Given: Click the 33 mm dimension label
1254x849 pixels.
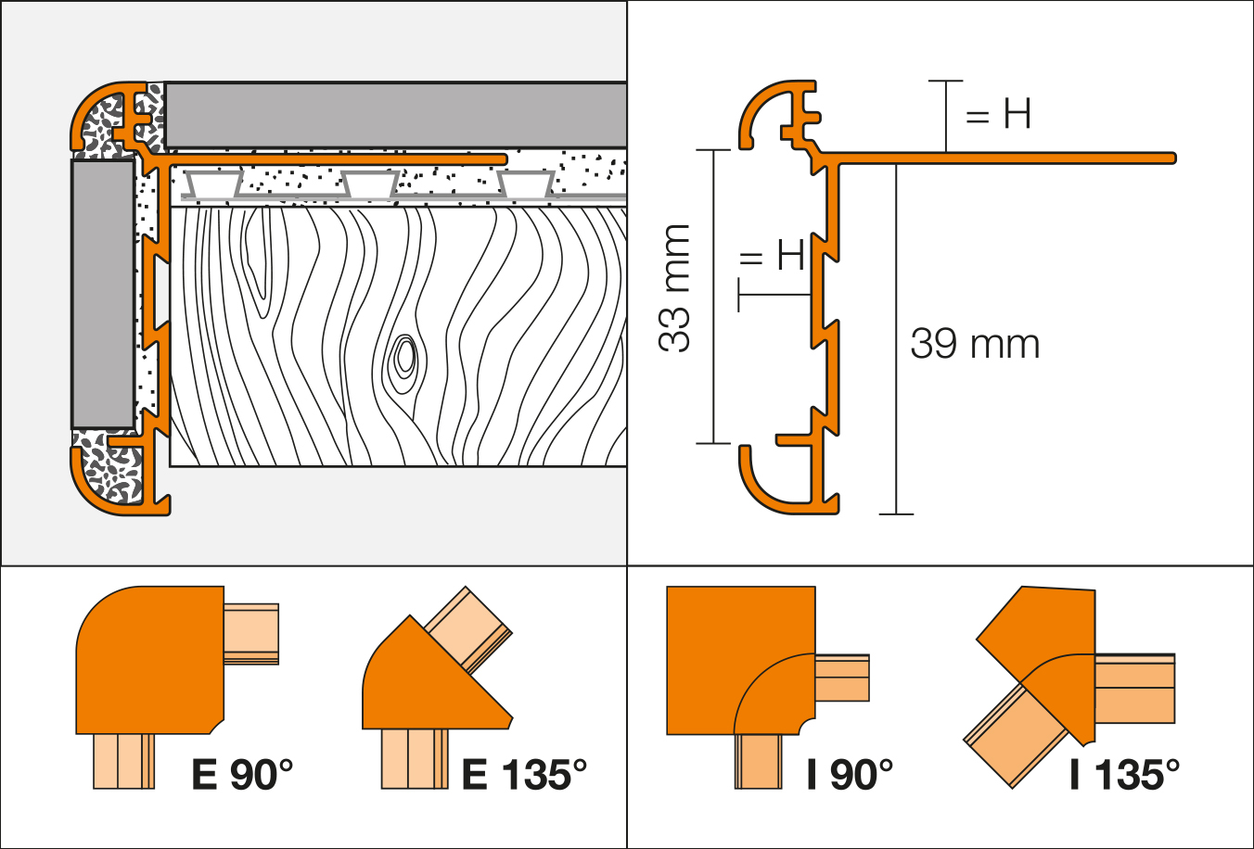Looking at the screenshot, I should (676, 288).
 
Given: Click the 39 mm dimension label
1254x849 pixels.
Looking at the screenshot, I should (975, 344).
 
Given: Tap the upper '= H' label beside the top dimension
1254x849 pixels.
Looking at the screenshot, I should (998, 115).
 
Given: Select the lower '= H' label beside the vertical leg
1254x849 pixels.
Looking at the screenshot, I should (772, 255).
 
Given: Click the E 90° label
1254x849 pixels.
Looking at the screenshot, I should (242, 774).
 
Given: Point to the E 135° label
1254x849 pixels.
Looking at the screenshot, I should (524, 774).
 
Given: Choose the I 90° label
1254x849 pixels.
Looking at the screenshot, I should (850, 774).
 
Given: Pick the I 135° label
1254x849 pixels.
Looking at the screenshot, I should (1124, 774).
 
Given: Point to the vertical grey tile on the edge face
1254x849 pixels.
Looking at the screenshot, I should (102, 293).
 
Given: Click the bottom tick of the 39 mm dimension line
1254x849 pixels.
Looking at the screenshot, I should (896, 513).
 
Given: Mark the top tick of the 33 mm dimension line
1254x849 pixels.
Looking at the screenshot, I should (713, 150).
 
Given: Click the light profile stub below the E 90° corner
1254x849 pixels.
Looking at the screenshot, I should (123, 760).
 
